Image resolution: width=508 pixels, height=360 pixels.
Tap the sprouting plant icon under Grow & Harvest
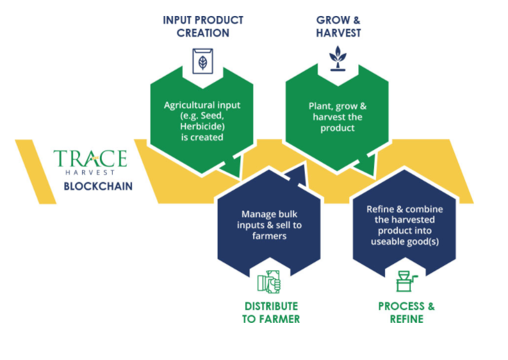(336, 58)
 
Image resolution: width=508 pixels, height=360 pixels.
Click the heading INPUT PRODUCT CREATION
(202, 26)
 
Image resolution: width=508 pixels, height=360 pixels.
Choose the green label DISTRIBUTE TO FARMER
(270, 312)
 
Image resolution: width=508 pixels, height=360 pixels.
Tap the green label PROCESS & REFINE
(406, 312)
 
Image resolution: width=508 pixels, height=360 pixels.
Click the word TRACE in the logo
(90, 158)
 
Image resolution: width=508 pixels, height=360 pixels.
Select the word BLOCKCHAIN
(95, 187)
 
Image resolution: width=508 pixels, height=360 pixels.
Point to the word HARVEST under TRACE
(90, 173)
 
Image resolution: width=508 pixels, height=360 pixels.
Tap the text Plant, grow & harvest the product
(338, 117)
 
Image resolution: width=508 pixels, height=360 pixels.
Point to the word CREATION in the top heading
(202, 33)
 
